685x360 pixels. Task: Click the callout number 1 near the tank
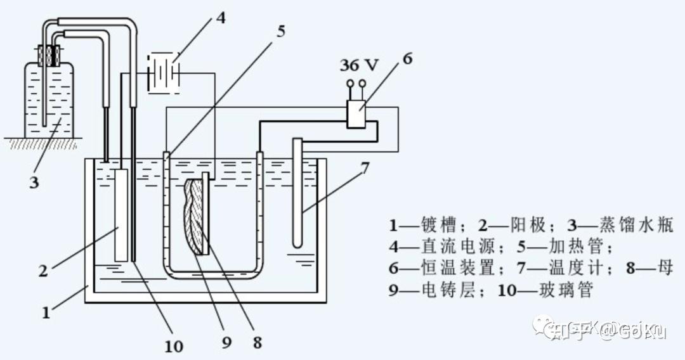coord(46,312)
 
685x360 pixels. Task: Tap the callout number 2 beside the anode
coord(43,271)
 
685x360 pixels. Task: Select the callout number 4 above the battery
coord(220,17)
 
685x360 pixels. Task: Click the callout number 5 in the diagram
coord(280,30)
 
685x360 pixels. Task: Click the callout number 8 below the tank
coord(256,342)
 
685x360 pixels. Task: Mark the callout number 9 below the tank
coord(227,342)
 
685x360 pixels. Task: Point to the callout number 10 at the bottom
coord(173,345)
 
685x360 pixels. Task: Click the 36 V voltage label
coord(358,65)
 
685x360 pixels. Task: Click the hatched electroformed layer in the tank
coord(193,215)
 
